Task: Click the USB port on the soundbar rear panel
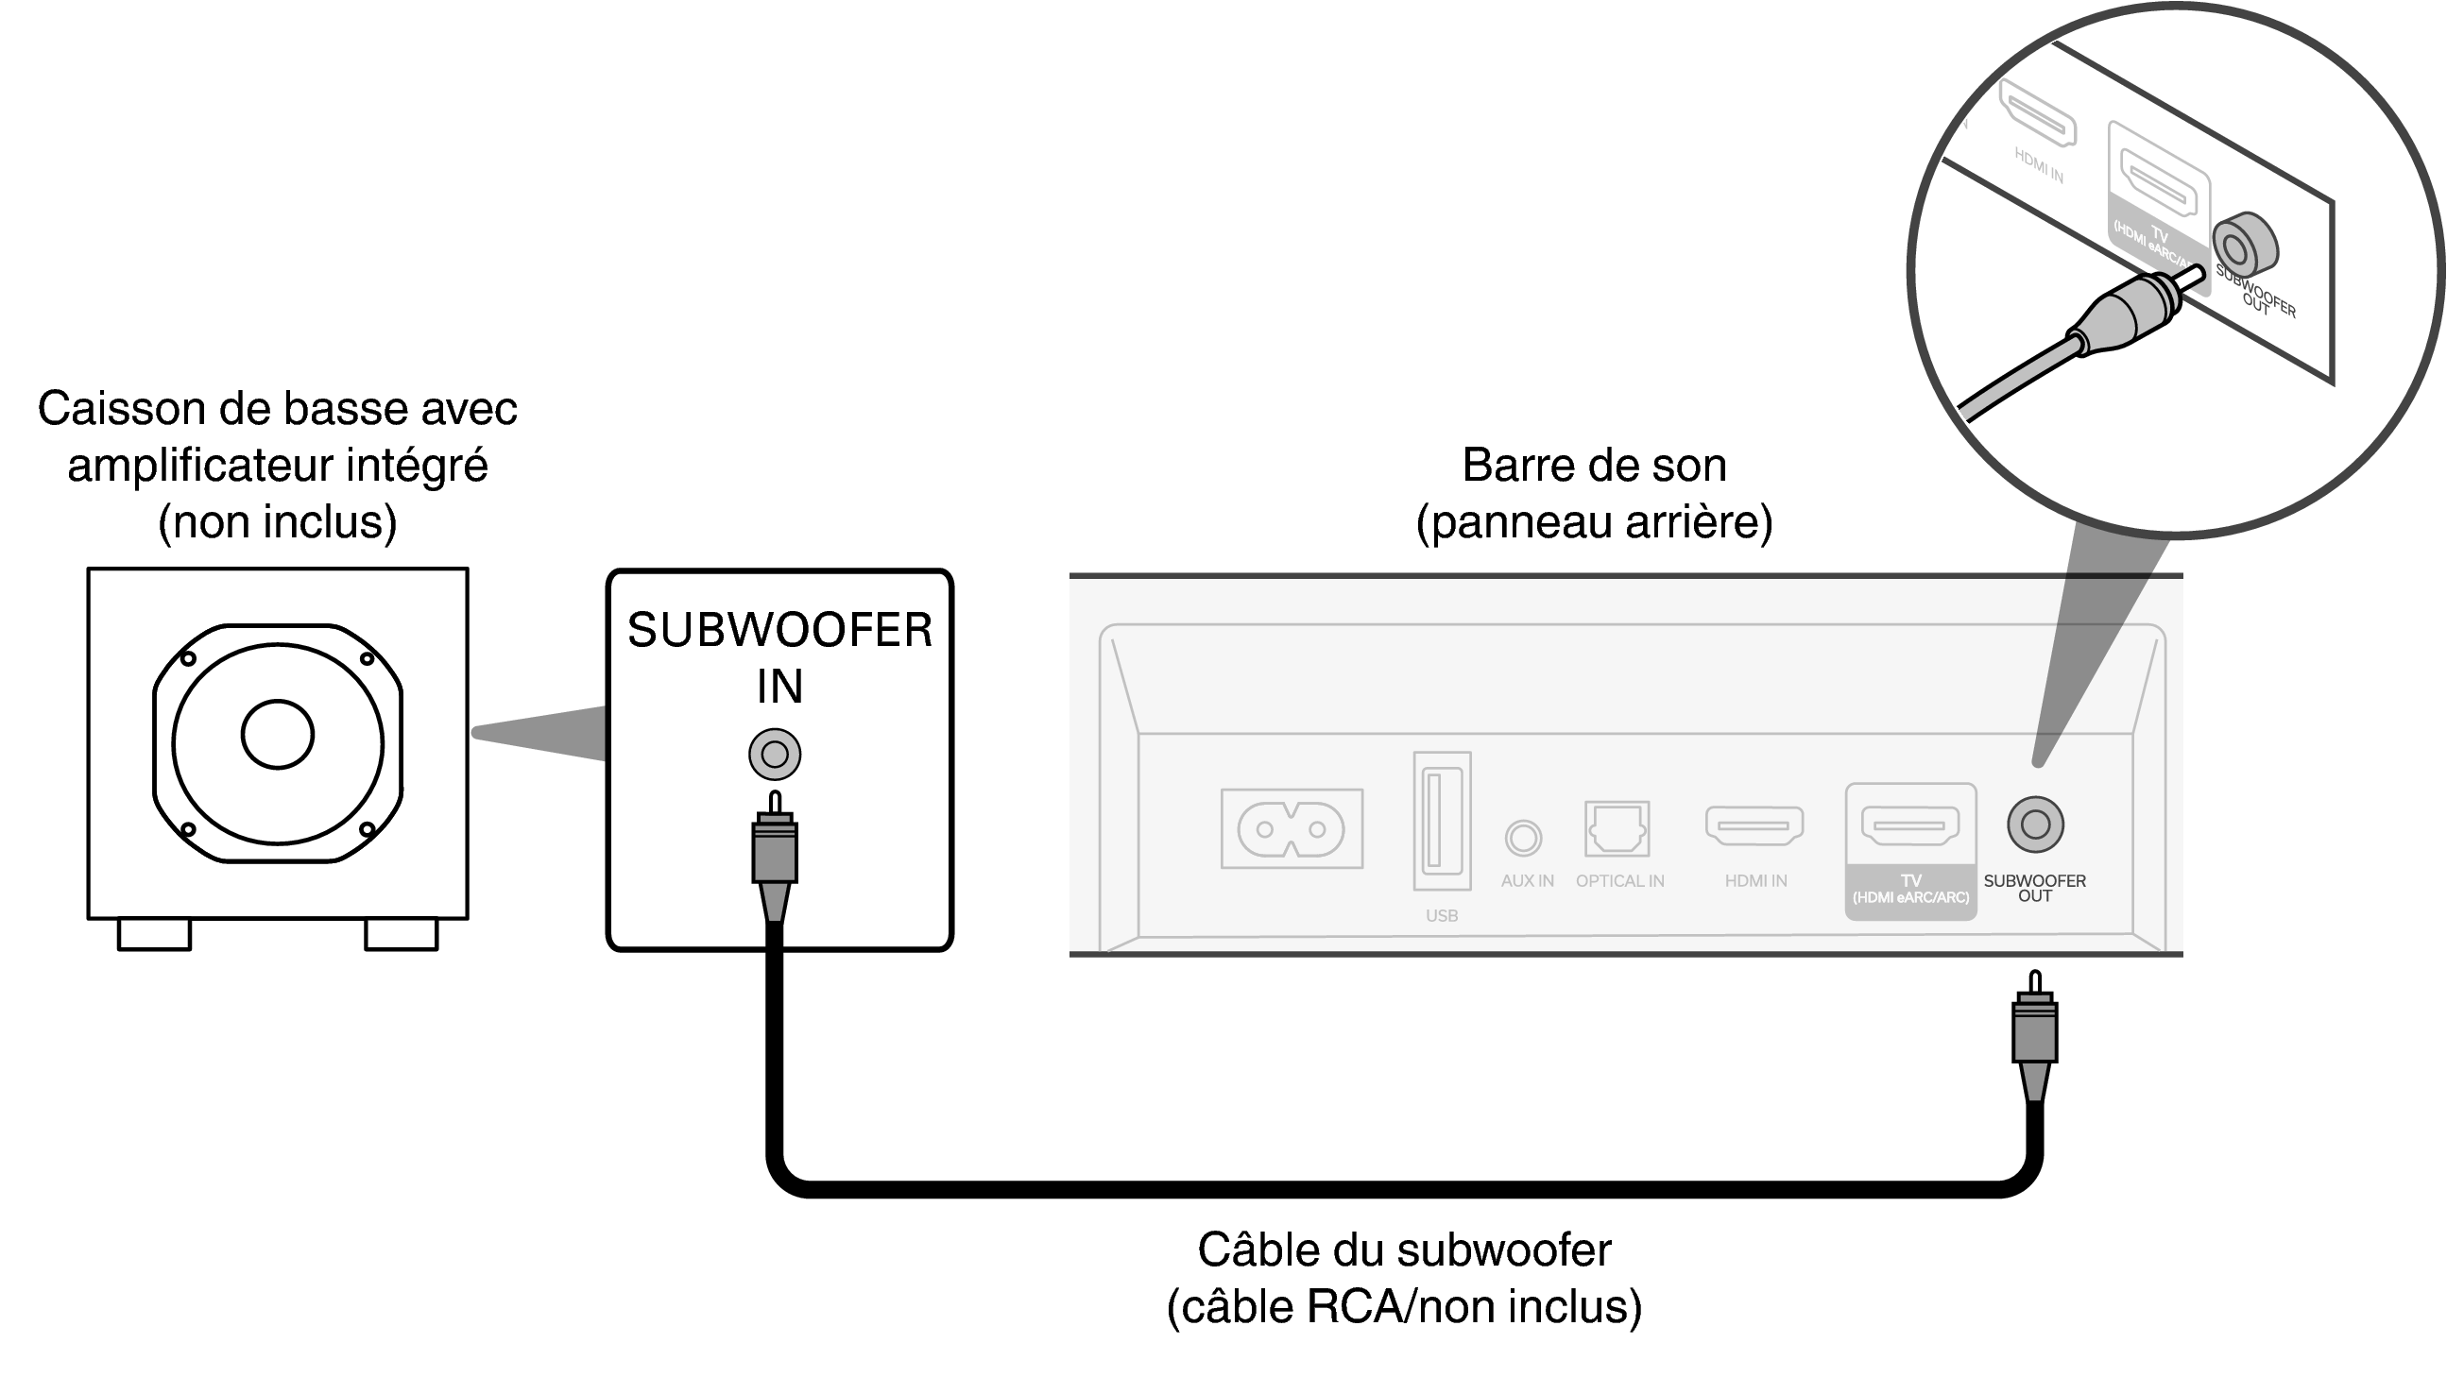[1441, 821]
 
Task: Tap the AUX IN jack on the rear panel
[1523, 838]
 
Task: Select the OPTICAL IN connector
[1617, 828]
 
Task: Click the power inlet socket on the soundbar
[1291, 828]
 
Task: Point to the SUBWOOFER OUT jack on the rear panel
[2035, 824]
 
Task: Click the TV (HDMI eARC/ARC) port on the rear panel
[1909, 824]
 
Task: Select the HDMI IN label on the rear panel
[1755, 881]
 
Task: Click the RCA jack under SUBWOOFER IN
[774, 755]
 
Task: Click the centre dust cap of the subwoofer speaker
[278, 734]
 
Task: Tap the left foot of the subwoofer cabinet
[154, 934]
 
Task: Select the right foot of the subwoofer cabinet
[401, 934]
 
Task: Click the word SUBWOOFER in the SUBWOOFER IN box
[779, 631]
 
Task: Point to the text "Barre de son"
[1594, 466]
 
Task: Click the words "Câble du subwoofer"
[1404, 1249]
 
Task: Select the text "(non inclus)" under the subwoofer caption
[278, 521]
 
